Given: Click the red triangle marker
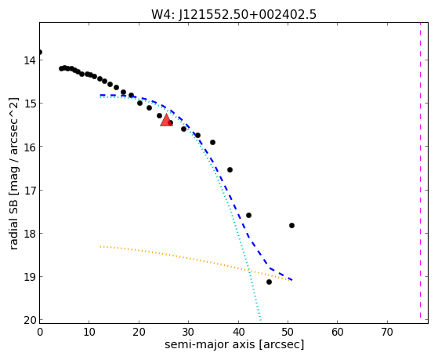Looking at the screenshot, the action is pyautogui.click(x=166, y=121).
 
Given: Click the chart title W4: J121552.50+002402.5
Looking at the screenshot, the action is pyautogui.click(x=233, y=15).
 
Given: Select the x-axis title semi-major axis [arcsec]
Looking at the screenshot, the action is pyautogui.click(x=234, y=344).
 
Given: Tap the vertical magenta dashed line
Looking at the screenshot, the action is pyautogui.click(x=420, y=173).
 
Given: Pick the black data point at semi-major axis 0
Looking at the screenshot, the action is pyautogui.click(x=40, y=53).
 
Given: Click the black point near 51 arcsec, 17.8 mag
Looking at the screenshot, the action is pyautogui.click(x=291, y=225).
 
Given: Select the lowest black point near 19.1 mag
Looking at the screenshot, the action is pyautogui.click(x=269, y=282).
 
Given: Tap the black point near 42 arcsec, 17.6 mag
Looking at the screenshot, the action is pyautogui.click(x=248, y=216).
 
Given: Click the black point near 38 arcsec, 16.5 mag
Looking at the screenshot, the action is pyautogui.click(x=230, y=169).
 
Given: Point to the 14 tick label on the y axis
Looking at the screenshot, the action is pyautogui.click(x=30, y=60).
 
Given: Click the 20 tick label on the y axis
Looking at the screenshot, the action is pyautogui.click(x=30, y=320).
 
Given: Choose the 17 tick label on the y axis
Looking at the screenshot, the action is pyautogui.click(x=30, y=191).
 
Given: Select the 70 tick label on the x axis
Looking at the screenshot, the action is pyautogui.click(x=387, y=333).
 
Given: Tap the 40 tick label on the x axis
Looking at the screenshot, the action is pyautogui.click(x=238, y=333).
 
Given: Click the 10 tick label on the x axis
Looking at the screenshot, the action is pyautogui.click(x=89, y=333).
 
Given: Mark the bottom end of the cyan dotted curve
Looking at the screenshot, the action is pyautogui.click(x=261, y=321).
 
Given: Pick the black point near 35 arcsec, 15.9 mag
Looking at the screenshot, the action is pyautogui.click(x=212, y=143).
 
